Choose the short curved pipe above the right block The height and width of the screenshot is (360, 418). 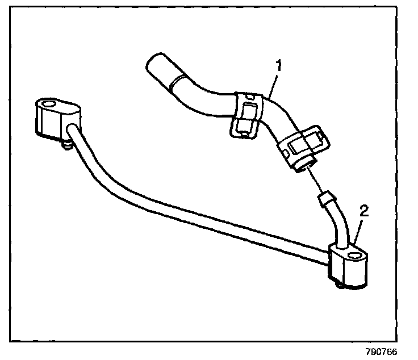pyautogui.click(x=339, y=224)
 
